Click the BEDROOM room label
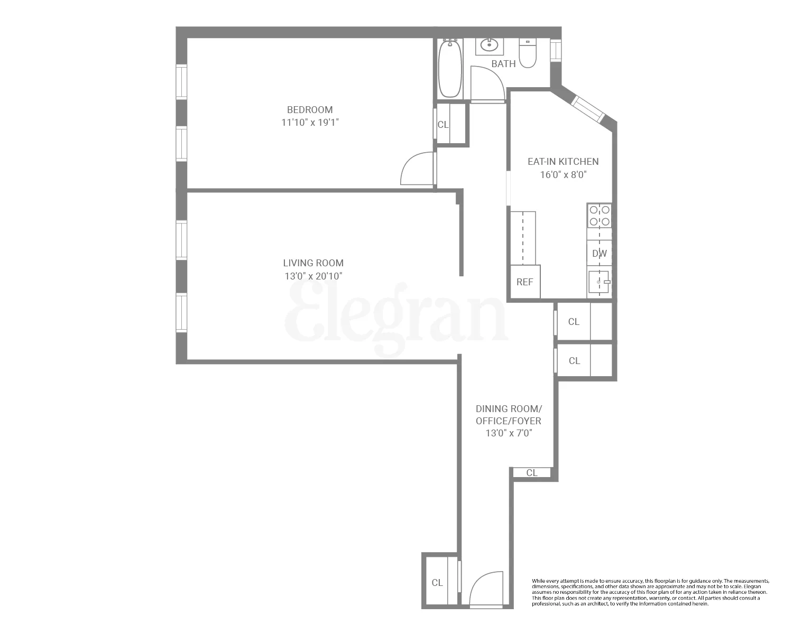310,110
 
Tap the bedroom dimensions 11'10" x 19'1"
310,123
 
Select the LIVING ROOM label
313,263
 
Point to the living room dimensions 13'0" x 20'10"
313,276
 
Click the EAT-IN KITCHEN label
563,162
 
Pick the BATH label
503,64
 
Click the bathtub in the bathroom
450,69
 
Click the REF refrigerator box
524,282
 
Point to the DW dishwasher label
600,254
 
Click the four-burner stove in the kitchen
600,216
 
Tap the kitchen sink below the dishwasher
600,282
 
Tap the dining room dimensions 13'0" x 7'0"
509,434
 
